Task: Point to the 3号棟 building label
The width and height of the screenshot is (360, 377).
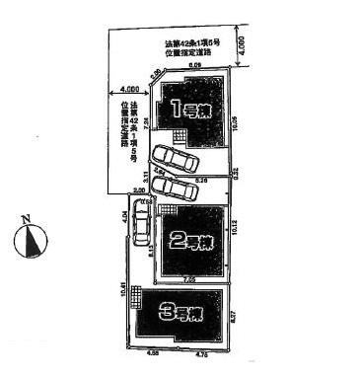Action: point(180,316)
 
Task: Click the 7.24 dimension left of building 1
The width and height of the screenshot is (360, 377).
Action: point(147,123)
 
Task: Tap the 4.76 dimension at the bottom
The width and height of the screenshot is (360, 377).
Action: point(202,352)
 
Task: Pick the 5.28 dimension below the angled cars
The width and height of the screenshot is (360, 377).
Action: point(201,181)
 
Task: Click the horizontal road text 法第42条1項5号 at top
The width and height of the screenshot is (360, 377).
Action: point(193,44)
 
